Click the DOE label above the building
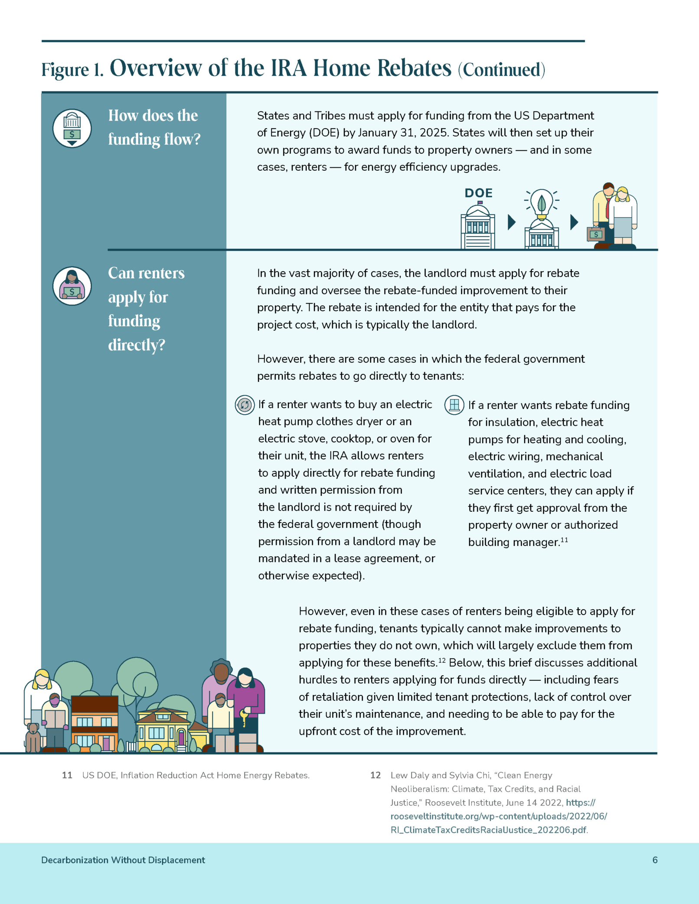[x=478, y=193]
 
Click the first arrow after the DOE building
[x=512, y=222]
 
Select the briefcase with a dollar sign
[x=596, y=234]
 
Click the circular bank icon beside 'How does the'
[x=72, y=128]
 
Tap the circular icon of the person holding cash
[x=72, y=286]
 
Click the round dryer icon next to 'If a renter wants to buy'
[x=245, y=405]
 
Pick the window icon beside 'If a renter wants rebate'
[x=454, y=405]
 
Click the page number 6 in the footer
[x=655, y=860]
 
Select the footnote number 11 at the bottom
[x=67, y=775]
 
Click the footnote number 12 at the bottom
[x=376, y=775]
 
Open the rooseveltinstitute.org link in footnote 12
[x=498, y=816]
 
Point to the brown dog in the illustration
[x=33, y=737]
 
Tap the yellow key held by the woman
[x=245, y=717]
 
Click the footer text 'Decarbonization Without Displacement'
[x=123, y=860]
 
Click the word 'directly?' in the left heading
[x=137, y=345]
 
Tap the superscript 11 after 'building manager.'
[x=564, y=540]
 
